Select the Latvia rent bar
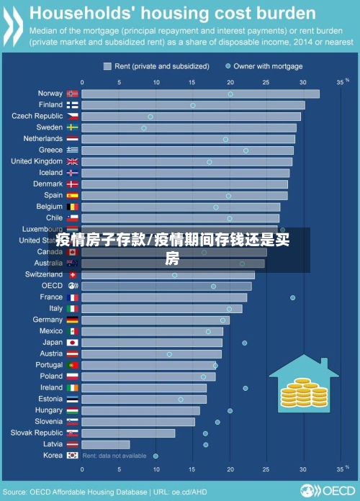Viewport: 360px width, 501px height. click(106, 444)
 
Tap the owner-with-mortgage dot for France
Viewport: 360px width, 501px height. click(292, 297)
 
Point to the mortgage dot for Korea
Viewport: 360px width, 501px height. click(156, 456)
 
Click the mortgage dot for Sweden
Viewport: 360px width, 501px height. click(144, 128)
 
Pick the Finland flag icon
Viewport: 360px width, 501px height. click(73, 105)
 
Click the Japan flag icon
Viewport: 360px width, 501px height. click(73, 343)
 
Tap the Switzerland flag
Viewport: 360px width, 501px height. click(73, 275)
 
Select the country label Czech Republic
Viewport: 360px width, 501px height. click(37, 116)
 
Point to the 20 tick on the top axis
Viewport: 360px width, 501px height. click(230, 83)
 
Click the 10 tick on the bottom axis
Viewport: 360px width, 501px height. click(156, 469)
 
